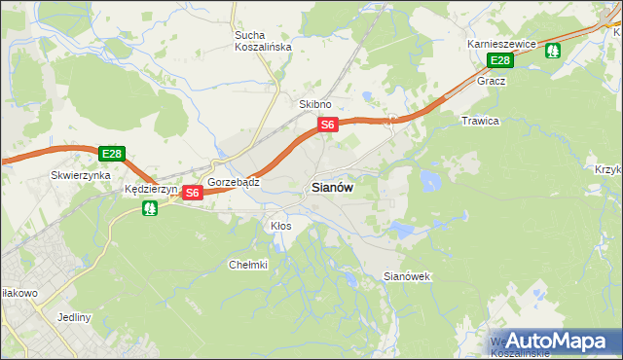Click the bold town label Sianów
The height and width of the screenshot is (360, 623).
coord(331,188)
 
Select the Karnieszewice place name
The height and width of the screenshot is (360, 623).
coord(502,45)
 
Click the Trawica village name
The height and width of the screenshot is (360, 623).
coord(479,122)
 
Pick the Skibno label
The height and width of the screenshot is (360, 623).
coord(314,104)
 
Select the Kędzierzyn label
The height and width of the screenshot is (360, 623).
coord(150,190)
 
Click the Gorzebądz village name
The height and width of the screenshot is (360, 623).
coord(232,183)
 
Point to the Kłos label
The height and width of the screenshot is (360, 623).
coord(280,226)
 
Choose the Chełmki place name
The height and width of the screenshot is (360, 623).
coord(247,265)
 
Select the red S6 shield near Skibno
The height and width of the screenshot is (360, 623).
coord(328,125)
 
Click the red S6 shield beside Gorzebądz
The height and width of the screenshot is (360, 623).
coord(192,193)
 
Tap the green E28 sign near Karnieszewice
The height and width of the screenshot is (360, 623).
coord(499,61)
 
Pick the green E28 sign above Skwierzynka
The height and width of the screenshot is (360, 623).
coord(111,154)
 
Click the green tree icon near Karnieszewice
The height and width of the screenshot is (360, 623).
coord(553,50)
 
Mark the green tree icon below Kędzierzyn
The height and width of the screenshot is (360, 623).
coord(149,208)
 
